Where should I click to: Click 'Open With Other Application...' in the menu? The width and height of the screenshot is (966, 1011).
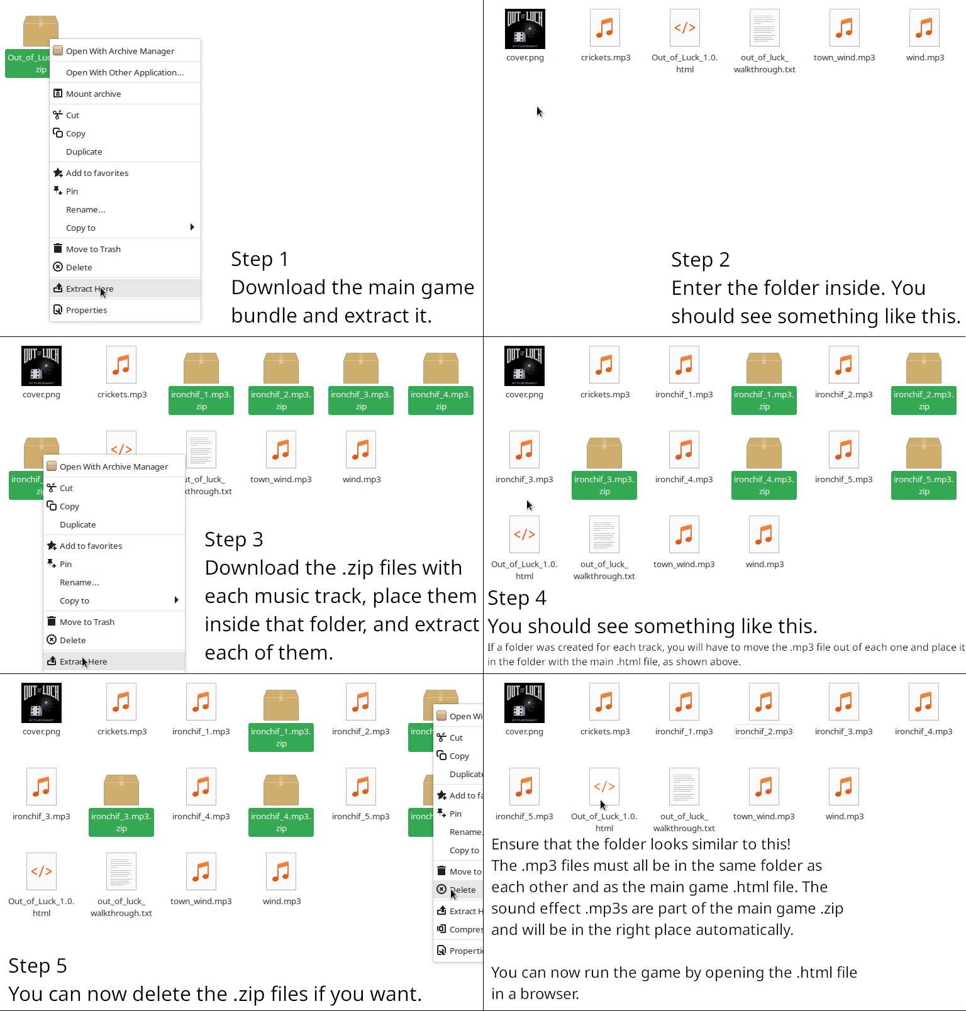(125, 72)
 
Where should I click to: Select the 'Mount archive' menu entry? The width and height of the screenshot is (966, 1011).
(93, 94)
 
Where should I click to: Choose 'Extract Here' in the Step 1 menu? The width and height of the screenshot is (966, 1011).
(89, 289)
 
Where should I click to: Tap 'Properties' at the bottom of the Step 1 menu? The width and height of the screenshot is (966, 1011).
(86, 310)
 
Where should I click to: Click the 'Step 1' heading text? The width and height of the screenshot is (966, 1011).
(259, 259)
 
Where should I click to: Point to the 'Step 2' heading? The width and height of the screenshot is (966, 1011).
(700, 260)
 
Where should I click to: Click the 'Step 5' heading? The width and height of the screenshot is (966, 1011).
(38, 966)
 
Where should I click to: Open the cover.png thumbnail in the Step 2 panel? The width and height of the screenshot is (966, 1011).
(525, 29)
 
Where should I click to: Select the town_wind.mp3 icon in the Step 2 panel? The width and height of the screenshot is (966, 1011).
(845, 28)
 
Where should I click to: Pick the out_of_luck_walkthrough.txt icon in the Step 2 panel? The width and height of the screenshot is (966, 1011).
(765, 28)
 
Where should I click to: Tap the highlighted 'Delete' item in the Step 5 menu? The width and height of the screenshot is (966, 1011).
(464, 890)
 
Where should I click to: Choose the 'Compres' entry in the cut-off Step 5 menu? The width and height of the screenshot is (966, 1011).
(466, 929)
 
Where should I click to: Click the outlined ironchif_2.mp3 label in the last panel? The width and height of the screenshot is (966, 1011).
(764, 731)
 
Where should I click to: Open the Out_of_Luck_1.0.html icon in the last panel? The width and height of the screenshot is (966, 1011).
(604, 786)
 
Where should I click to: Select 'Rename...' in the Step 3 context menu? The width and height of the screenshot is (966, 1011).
(79, 582)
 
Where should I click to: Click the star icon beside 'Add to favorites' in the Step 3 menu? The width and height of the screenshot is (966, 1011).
(52, 546)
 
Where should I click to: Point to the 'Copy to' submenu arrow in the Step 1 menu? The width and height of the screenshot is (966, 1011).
(192, 227)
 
